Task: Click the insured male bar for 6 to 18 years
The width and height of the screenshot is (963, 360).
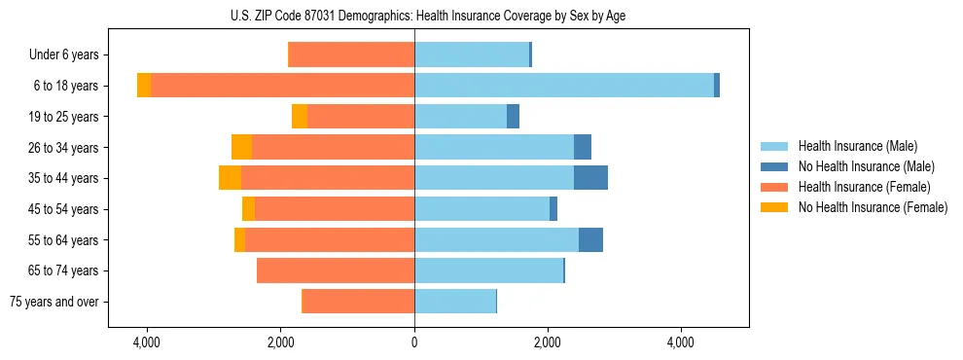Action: [564, 86]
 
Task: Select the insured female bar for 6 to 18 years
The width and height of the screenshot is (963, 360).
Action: [282, 86]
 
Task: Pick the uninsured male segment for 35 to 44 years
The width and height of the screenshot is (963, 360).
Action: [590, 178]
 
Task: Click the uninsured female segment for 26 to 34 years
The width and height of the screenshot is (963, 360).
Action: [241, 147]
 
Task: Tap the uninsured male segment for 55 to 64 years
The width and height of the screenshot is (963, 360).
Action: [590, 239]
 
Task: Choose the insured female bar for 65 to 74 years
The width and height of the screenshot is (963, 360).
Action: [336, 270]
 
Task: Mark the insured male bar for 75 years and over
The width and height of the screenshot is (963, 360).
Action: [455, 302]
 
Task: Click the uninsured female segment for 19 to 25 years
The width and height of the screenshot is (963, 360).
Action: [300, 117]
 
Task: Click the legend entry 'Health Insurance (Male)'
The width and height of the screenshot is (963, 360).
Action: [857, 146]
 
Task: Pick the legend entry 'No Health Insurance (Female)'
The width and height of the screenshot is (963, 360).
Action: [873, 207]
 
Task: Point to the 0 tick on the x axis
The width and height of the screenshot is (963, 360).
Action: [414, 342]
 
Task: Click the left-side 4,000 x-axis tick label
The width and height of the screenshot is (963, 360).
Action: [147, 342]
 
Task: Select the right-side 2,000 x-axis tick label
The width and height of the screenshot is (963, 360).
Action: [548, 342]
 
